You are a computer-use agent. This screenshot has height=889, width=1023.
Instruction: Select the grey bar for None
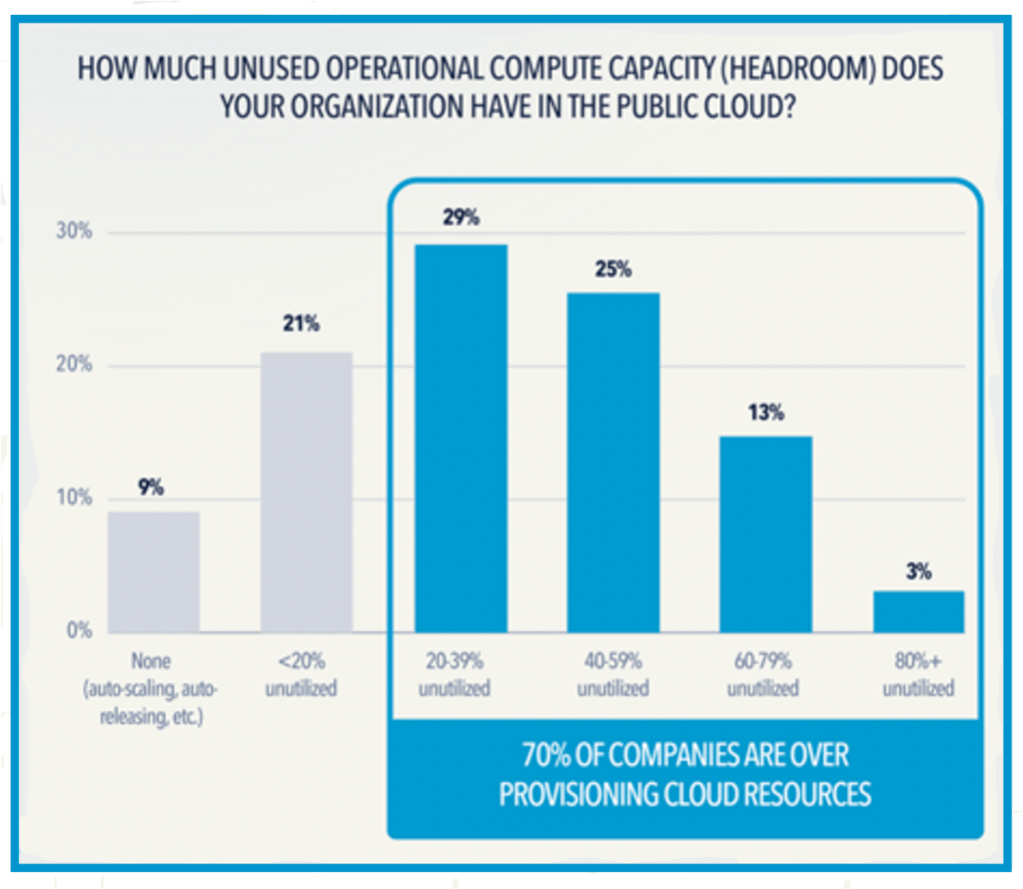point(154,571)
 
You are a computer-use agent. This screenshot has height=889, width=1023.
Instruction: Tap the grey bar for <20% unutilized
point(307,491)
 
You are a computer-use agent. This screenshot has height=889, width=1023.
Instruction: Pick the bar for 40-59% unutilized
point(613,461)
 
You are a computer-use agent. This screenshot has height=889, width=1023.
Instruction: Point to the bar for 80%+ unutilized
point(919,611)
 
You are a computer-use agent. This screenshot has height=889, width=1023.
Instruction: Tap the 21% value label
point(307,326)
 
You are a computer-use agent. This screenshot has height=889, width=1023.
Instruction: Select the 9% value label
point(151,487)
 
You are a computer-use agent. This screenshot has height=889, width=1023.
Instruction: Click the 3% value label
point(919,571)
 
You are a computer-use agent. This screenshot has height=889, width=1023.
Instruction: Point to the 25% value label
point(614,270)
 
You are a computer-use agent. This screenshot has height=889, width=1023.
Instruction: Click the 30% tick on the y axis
point(73,233)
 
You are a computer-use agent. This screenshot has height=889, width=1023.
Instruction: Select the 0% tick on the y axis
point(78,631)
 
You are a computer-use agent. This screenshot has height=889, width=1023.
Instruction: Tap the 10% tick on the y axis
point(73,498)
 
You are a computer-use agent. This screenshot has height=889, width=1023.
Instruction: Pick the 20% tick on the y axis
point(73,366)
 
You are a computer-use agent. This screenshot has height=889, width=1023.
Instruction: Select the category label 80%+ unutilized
point(919,674)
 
